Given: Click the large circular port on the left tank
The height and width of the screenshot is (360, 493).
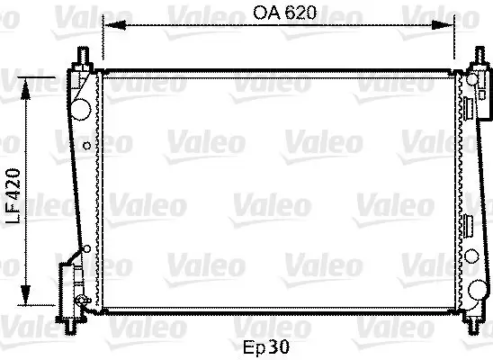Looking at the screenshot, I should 81,107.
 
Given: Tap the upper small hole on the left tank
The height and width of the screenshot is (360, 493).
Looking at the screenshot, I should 85,144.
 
